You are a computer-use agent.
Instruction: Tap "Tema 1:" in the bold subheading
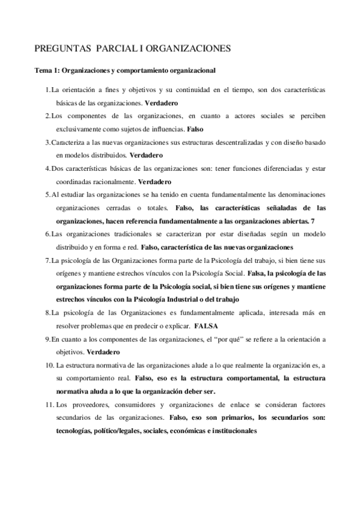tap(47, 70)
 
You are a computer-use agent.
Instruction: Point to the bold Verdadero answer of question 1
tap(161, 103)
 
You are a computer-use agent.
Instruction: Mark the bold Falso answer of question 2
tap(195, 129)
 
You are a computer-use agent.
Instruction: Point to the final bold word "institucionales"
tap(230, 430)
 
